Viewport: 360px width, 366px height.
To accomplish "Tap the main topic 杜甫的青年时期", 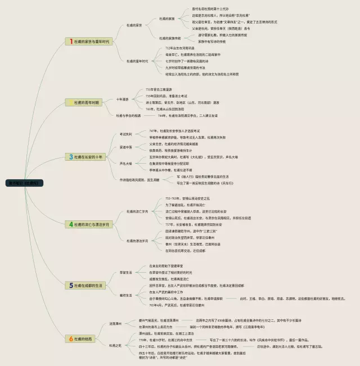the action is click(x=86, y=103).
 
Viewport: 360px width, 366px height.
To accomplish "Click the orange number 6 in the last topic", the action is click(x=71, y=338).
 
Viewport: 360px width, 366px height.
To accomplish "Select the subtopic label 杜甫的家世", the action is click(x=134, y=25).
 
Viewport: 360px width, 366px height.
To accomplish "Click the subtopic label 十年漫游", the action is click(x=123, y=100).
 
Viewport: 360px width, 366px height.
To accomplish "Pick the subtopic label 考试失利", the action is click(x=125, y=134).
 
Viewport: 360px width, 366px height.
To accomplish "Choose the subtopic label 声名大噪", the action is click(x=125, y=163).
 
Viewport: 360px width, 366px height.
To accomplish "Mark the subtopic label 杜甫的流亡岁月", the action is click(x=137, y=211).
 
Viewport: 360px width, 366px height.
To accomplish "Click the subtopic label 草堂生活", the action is click(x=125, y=272).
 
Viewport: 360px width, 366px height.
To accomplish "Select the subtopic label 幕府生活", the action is click(x=125, y=295).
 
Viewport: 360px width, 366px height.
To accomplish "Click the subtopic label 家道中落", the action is click(x=125, y=147).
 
